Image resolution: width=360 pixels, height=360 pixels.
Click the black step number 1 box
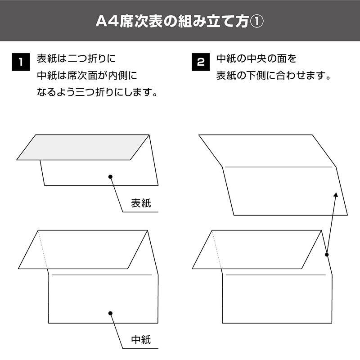coord(21,62)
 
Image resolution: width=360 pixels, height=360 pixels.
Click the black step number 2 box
coord(201,62)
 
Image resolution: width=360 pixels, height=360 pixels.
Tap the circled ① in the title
coord(256,22)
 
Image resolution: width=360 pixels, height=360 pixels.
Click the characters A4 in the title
coord(107,22)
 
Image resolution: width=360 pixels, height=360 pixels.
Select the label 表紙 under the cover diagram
coord(141,203)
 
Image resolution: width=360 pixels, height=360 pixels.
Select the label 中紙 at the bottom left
coord(141,340)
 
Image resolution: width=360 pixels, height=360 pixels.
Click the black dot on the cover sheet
coord(110,176)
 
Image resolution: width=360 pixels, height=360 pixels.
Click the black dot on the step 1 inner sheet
coord(110,313)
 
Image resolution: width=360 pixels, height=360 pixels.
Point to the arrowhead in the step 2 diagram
coord(336,195)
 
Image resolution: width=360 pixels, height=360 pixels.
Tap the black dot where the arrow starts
coord(327,254)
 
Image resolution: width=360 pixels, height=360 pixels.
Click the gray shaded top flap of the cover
coord(83,147)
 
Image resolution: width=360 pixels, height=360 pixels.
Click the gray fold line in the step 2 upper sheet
coord(279,167)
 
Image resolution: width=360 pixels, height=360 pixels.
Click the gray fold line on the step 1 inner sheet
coord(102,274)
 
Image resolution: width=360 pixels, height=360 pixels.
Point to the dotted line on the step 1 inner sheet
coord(43,250)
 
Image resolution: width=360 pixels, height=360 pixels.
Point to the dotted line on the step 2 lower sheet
coord(216,250)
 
